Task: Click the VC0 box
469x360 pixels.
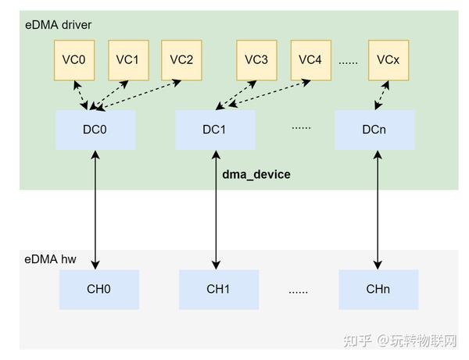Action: click(74, 59)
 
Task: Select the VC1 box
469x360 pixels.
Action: click(127, 59)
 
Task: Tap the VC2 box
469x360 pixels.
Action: click(181, 59)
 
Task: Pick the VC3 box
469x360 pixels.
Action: click(256, 59)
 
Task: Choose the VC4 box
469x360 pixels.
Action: click(310, 59)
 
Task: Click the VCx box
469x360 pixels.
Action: click(388, 59)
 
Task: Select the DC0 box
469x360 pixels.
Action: click(95, 130)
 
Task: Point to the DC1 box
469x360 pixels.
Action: click(215, 130)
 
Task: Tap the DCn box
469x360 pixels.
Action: click(374, 130)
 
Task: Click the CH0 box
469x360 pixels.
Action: click(98, 289)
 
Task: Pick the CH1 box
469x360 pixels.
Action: click(218, 289)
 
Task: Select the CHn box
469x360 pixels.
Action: click(378, 289)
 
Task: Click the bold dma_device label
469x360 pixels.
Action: click(256, 174)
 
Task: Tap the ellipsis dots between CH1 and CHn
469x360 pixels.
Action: click(298, 290)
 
